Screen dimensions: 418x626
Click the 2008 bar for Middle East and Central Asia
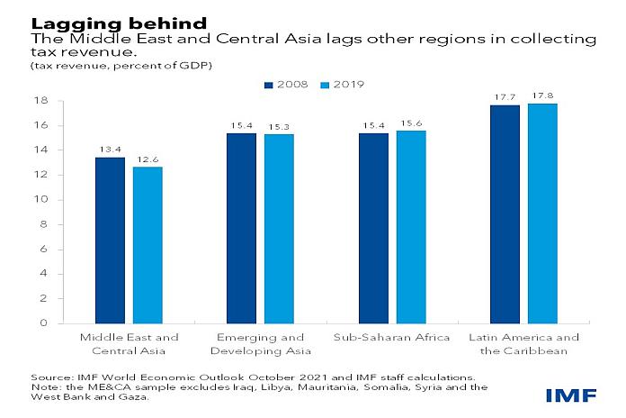click(x=110, y=240)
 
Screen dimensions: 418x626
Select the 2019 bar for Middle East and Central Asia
click(x=148, y=244)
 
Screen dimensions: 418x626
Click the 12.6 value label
click(x=148, y=159)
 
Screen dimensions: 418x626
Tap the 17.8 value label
click(x=542, y=96)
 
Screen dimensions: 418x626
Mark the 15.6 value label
click(x=411, y=123)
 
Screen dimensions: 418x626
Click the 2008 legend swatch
click(x=268, y=85)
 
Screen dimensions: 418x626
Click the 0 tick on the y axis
click(x=42, y=323)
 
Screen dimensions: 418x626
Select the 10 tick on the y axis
click(x=40, y=199)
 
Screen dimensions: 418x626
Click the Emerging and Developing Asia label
click(x=260, y=344)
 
